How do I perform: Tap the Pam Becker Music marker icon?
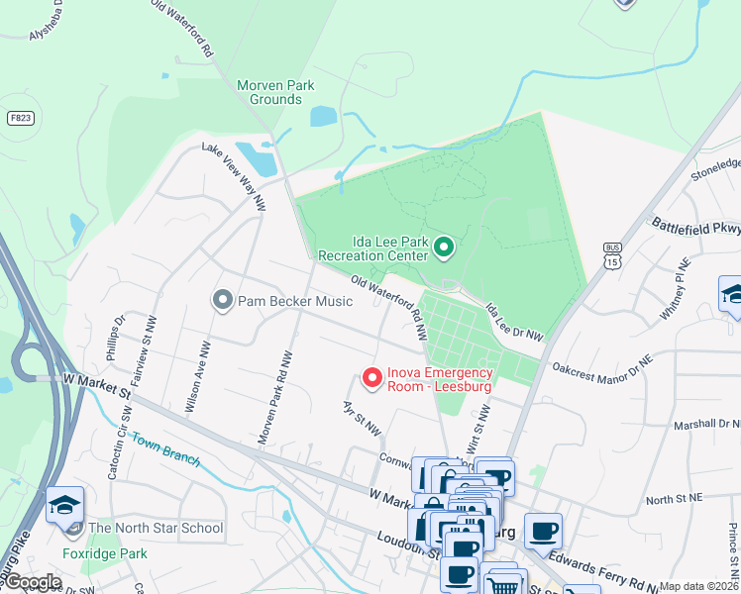tap(223, 299)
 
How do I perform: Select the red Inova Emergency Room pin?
tap(372, 378)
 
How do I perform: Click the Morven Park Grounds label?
tap(275, 92)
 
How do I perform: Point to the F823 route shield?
tap(19, 118)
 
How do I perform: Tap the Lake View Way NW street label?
tap(234, 176)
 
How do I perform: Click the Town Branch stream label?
tap(165, 449)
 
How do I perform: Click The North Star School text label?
tap(156, 528)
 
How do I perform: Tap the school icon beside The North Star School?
tap(65, 505)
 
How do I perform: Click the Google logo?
tap(34, 582)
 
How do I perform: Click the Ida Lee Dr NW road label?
tap(514, 324)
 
